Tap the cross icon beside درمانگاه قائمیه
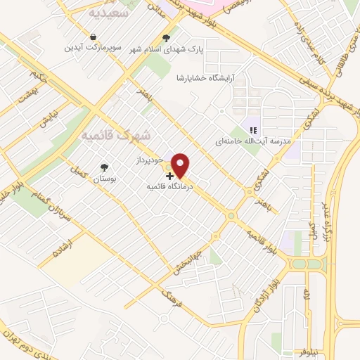tap(169, 176)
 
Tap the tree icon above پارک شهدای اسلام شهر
tap(166, 38)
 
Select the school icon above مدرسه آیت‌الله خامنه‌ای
tap(254, 129)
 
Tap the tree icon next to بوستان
tap(105, 167)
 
